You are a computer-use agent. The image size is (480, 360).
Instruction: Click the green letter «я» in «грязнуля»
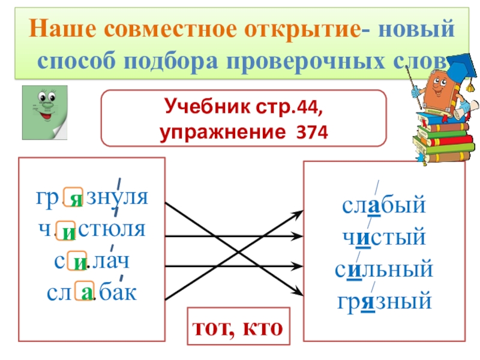[x=73, y=199]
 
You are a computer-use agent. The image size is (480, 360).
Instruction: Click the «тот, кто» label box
[x=238, y=327]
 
